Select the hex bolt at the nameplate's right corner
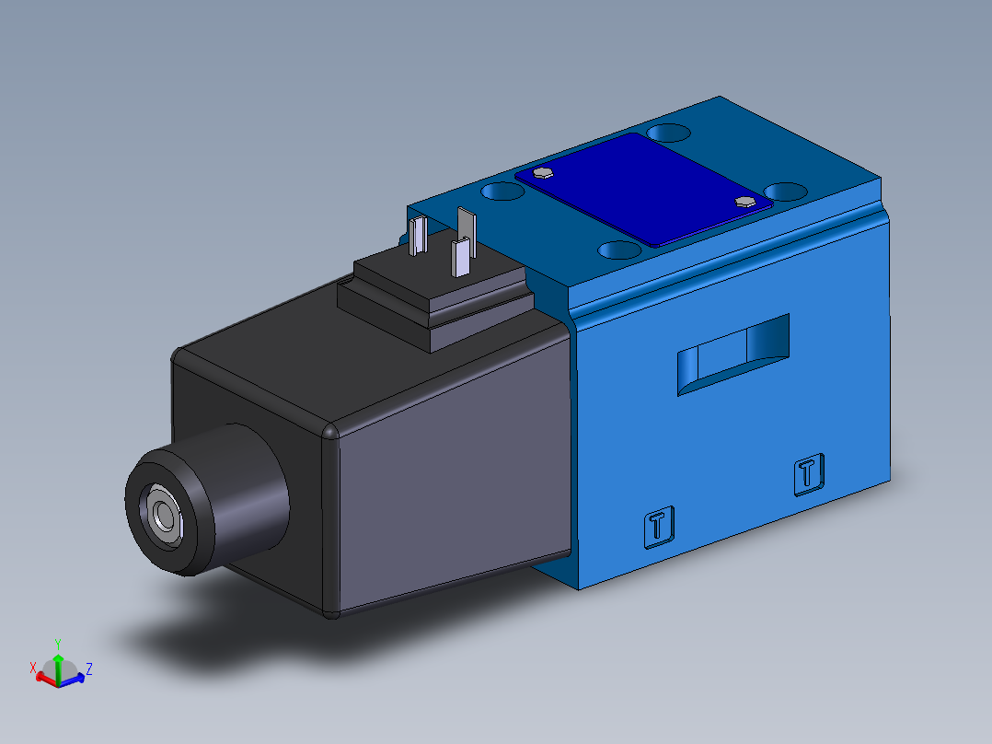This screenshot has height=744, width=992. click(744, 201)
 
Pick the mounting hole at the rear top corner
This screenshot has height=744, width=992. click(669, 133)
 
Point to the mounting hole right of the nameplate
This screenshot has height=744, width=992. click(785, 192)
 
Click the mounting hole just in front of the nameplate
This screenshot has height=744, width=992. click(619, 249)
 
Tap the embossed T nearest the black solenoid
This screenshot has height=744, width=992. click(657, 527)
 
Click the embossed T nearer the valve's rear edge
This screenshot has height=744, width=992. click(808, 474)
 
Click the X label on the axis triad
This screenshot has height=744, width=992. click(33, 666)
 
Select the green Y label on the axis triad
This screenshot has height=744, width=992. click(57, 643)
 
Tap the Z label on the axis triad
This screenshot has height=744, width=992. click(88, 668)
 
